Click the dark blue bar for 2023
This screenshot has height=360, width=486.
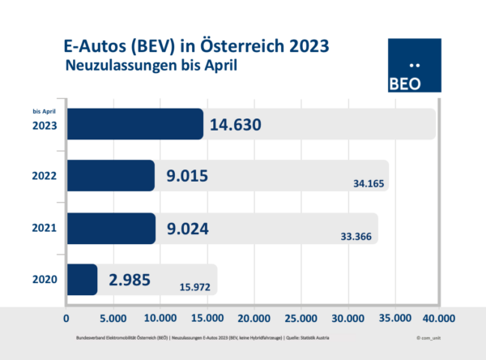pyautogui.click(x=134, y=124)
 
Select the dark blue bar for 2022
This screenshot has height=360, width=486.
pyautogui.click(x=110, y=175)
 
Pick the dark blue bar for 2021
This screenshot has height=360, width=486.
pyautogui.click(x=110, y=228)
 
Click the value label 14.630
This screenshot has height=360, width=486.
pyautogui.click(x=237, y=125)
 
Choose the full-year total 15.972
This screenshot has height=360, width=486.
pyautogui.click(x=197, y=288)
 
